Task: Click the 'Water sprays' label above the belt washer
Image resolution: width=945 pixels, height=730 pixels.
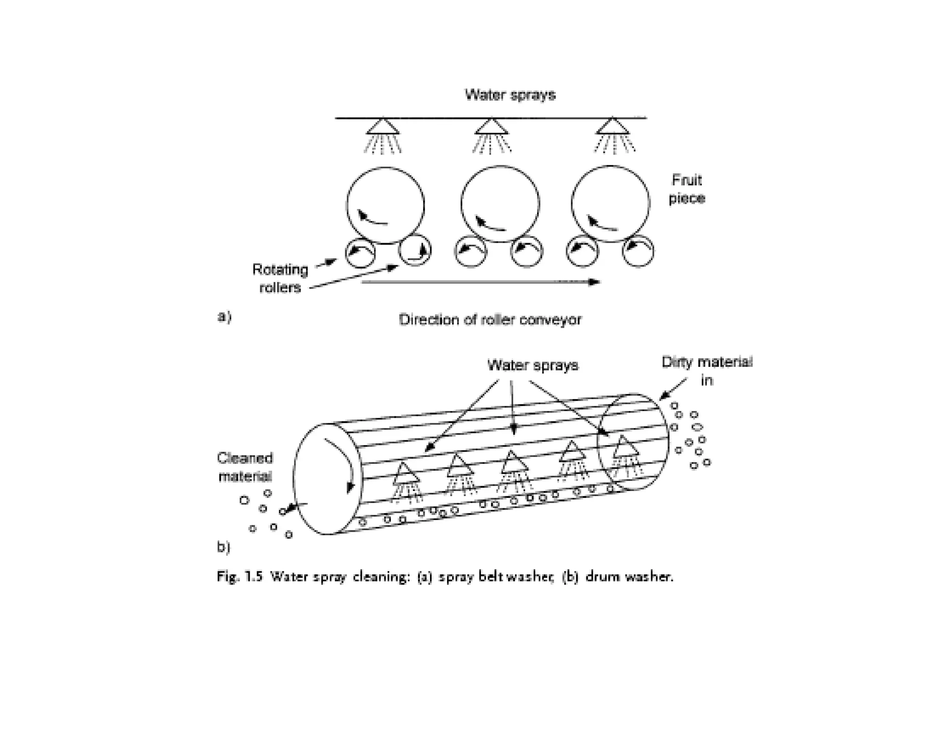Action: [x=510, y=95]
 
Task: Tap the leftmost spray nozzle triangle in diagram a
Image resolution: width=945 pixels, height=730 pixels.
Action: [x=383, y=127]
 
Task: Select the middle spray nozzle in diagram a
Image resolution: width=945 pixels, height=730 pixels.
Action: [x=491, y=127]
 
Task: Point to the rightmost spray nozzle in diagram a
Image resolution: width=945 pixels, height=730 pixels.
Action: [x=612, y=126]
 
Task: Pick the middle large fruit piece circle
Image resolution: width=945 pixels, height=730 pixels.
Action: [x=500, y=203]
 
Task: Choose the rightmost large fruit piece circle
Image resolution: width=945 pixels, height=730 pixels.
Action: [x=610, y=203]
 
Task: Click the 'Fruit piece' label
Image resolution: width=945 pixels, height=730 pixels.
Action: [x=687, y=189]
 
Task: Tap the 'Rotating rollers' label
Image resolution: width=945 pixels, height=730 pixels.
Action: [x=280, y=278]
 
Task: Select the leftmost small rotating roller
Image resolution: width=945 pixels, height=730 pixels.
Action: [x=360, y=252]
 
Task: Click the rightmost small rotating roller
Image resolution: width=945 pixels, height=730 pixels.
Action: [x=638, y=251]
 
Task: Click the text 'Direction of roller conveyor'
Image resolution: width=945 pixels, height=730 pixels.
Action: [x=490, y=319]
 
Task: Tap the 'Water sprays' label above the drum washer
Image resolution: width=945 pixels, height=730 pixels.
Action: [x=532, y=365]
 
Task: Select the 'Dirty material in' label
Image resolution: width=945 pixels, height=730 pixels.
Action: [x=706, y=371]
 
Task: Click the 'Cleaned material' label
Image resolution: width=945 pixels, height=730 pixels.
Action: [x=245, y=467]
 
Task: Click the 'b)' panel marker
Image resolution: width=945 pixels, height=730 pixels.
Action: [x=223, y=547]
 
